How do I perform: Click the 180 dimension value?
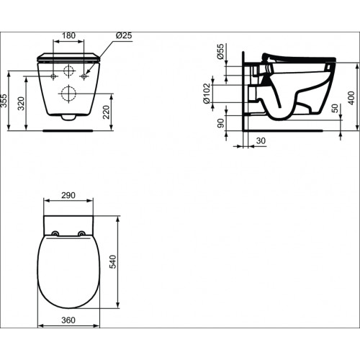point(70,35)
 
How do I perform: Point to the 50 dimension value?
point(335,107)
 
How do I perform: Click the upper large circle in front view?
point(70,71)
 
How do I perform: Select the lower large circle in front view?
point(70,93)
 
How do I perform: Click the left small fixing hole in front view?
point(55,75)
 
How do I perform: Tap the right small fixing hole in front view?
point(85,75)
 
